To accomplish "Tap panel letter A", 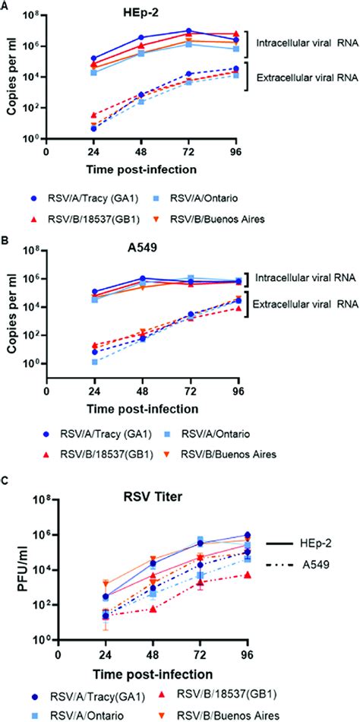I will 5,5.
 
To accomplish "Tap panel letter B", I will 5,243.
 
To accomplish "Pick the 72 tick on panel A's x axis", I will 190,150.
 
